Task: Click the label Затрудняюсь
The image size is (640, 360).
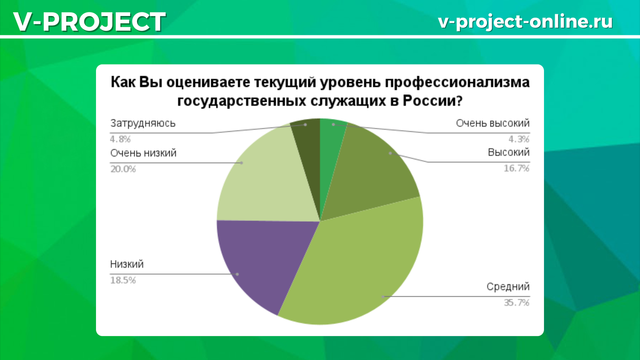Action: [143, 123]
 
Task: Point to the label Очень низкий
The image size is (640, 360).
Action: [143, 153]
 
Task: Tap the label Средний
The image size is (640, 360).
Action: [508, 286]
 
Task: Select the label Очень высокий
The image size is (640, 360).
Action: [493, 123]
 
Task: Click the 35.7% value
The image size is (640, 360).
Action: [517, 302]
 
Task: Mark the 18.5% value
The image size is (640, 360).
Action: [123, 281]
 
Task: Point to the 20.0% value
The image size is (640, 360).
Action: [123, 169]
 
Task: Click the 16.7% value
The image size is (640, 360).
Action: [517, 169]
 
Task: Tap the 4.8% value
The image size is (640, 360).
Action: [121, 139]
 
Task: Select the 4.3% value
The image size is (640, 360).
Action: [519, 139]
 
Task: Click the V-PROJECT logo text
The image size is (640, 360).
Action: [90, 22]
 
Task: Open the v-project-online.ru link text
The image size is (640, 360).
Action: [525, 22]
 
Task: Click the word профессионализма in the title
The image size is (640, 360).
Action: [457, 83]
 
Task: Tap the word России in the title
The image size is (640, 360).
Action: [433, 101]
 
